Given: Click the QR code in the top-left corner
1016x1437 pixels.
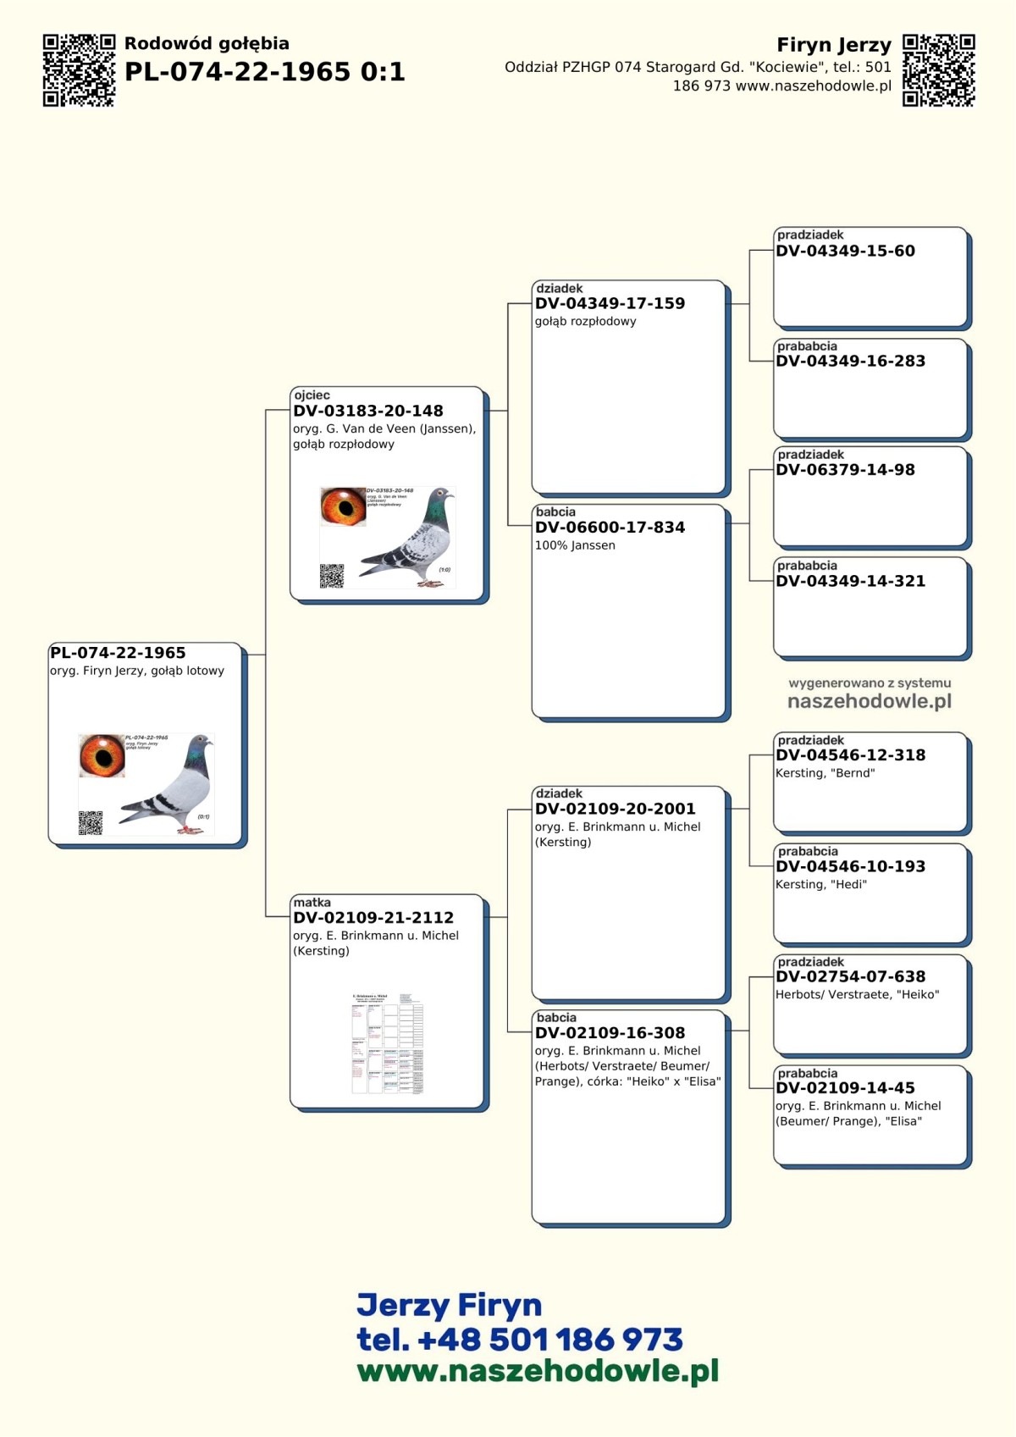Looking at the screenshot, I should tap(79, 70).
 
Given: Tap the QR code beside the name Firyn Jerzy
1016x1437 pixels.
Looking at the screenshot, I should tap(938, 70).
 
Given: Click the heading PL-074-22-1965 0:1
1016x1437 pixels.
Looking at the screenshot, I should tap(264, 72).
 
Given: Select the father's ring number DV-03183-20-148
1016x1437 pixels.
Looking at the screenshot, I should tap(368, 411).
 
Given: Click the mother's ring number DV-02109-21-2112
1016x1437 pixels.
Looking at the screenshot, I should tap(373, 917).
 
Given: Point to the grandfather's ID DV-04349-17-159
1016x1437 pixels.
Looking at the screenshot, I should tap(610, 303).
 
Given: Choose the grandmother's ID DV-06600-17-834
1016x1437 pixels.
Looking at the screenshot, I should tap(610, 527).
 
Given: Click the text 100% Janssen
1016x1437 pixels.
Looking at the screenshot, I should tap(575, 545).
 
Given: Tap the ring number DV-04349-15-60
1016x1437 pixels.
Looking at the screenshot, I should tap(845, 251).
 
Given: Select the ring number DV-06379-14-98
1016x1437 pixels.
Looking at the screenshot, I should tap(845, 470).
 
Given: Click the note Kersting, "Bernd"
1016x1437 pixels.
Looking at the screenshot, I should tap(825, 773).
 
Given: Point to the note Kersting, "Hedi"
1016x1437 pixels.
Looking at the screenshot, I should tap(821, 884).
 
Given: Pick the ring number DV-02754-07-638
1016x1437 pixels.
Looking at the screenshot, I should tap(850, 976).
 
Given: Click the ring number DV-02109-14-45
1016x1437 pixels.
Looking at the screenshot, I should tap(845, 1087).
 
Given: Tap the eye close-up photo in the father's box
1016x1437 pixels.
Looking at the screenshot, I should tap(343, 506).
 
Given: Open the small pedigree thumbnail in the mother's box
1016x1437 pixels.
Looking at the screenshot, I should tap(387, 1043).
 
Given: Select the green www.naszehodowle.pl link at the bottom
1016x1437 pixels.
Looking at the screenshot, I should tap(538, 1371).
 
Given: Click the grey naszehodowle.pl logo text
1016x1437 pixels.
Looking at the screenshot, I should tap(870, 701).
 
